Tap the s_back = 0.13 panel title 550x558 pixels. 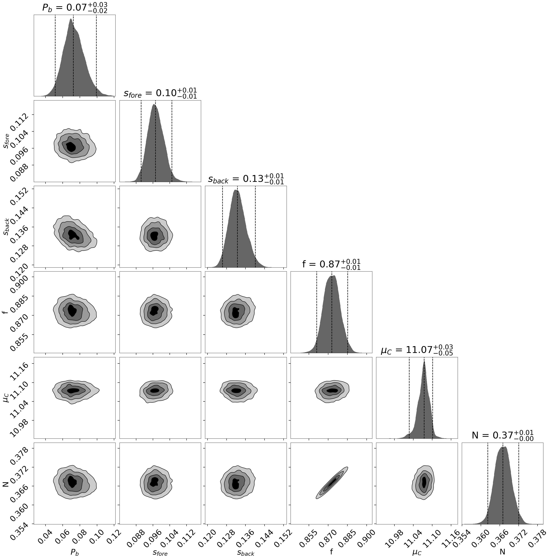[246, 179]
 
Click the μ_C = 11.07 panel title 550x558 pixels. [417, 350]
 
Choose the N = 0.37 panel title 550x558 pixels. [502, 435]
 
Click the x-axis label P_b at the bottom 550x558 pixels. [75, 552]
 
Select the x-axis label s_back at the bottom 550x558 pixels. [246, 552]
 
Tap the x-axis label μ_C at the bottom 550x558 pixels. [417, 552]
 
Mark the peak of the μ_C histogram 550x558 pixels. [424, 362]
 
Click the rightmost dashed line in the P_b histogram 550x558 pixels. [96, 55]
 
